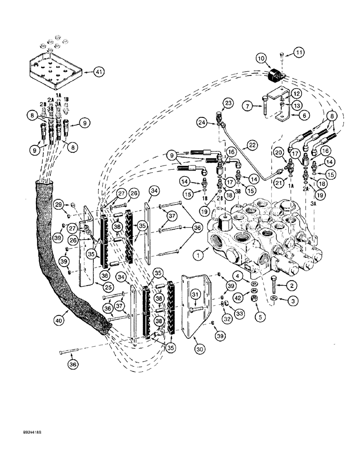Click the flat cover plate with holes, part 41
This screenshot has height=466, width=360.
pos(55,70)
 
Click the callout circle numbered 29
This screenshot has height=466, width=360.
pos(58,205)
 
